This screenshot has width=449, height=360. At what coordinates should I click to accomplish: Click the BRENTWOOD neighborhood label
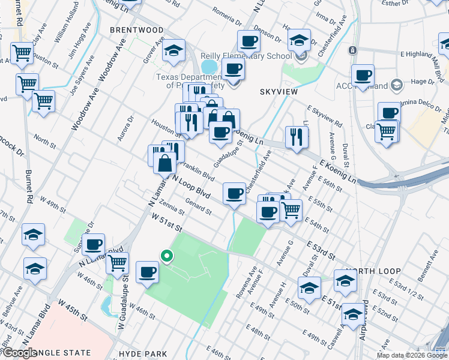point(136,29)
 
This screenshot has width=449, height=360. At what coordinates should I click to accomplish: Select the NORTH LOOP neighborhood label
point(374,271)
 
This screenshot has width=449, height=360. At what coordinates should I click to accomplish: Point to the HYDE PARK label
point(143,354)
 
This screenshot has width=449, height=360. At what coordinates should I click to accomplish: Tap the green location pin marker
point(167,256)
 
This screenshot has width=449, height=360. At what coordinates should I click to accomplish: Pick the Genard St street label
point(199,207)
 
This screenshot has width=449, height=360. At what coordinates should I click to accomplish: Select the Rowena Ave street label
point(241,287)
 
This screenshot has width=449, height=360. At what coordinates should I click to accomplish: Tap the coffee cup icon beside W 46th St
point(147,273)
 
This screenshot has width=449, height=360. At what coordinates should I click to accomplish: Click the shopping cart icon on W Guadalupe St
point(117,262)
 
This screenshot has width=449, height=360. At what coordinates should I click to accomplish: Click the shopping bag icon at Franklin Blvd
point(164,163)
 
